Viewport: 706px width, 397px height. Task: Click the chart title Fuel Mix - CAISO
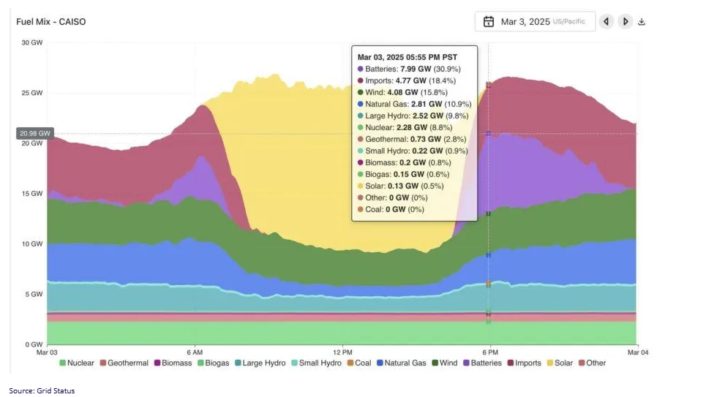click(51, 22)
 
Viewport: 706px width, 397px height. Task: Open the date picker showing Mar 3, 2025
click(535, 22)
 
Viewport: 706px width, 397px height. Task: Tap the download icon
click(642, 22)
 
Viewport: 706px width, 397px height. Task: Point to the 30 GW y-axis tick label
click(32, 42)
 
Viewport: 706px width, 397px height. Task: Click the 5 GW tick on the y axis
click(34, 295)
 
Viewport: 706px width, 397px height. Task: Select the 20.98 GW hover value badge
click(35, 134)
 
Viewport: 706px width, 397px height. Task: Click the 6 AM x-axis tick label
click(195, 352)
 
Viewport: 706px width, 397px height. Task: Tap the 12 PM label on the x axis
click(342, 352)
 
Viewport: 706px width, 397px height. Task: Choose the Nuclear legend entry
click(77, 363)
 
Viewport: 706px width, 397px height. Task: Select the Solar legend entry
click(559, 363)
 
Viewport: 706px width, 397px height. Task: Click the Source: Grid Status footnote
click(42, 391)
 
